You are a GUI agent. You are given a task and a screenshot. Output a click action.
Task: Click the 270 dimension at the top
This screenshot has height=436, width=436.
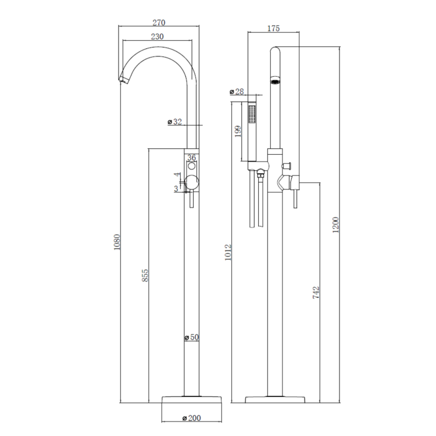[159, 23]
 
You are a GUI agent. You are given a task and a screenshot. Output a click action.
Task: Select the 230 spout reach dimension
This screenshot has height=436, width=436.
[158, 37]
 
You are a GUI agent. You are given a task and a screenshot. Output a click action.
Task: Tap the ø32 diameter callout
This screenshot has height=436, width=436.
[175, 121]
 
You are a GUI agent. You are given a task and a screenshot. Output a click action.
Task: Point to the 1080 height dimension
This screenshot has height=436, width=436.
[117, 242]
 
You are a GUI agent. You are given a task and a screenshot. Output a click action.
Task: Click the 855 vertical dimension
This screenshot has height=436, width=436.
[145, 276]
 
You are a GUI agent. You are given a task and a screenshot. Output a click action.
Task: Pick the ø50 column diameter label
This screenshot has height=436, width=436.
[192, 337]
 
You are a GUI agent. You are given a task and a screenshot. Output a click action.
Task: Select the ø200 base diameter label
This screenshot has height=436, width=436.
[192, 418]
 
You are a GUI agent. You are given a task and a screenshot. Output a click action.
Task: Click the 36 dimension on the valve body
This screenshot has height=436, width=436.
[191, 158]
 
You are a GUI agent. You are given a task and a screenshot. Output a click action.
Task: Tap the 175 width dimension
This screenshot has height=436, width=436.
[273, 28]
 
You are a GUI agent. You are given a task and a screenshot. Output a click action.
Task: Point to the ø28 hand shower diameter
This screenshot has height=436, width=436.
[237, 91]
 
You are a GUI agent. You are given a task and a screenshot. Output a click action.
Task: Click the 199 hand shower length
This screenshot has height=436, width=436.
[238, 131]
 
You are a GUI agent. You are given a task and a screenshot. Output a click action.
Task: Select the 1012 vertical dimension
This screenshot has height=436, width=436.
[228, 252]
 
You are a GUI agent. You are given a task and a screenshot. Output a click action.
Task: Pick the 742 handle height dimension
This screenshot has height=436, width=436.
[316, 292]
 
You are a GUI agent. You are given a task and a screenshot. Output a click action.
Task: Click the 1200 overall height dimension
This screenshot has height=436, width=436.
[336, 225]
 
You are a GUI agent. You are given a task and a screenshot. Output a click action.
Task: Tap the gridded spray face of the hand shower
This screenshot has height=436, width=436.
[252, 114]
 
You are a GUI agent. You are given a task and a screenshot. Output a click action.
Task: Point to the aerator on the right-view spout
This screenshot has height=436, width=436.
[276, 81]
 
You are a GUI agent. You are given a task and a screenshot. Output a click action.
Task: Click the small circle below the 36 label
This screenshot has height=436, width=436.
[192, 166]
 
